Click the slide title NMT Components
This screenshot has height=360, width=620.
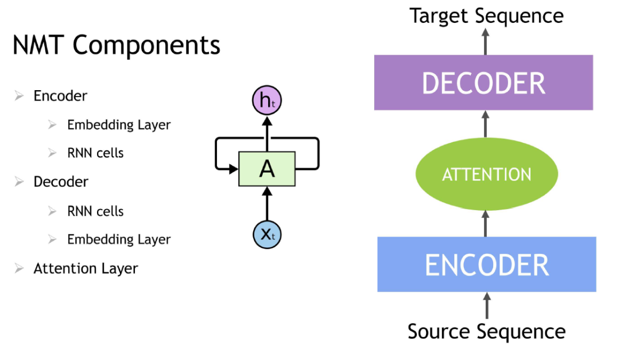point(117,45)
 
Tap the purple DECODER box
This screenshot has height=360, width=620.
point(483,83)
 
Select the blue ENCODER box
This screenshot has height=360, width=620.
point(486,265)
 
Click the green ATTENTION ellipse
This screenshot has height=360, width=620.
point(486,175)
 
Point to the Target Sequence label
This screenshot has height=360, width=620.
point(486,16)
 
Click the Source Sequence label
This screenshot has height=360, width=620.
point(486,331)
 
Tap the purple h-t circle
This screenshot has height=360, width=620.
point(267,101)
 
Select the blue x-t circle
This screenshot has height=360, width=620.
point(267,234)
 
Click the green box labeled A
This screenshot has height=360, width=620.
point(267,169)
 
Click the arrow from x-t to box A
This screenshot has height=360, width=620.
point(267,204)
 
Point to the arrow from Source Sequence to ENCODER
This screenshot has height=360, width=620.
point(487,306)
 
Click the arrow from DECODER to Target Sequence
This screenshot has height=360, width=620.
point(486,41)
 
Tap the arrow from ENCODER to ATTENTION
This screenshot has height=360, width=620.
point(486,223)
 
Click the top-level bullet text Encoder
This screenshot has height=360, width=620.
point(60,96)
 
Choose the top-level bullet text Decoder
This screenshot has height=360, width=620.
point(61,182)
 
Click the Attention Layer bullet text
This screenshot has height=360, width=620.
point(86,268)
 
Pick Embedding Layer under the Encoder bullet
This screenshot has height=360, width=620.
point(119,125)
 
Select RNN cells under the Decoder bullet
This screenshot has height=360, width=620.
point(95,211)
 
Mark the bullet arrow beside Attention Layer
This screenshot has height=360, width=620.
point(20,268)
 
